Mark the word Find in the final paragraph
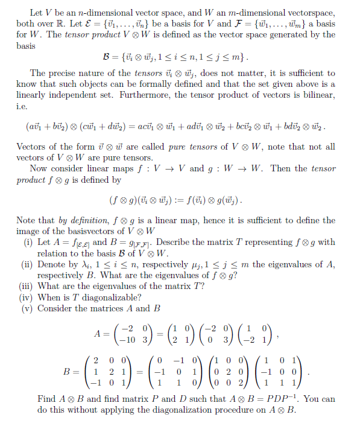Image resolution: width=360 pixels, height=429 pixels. [47, 399]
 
